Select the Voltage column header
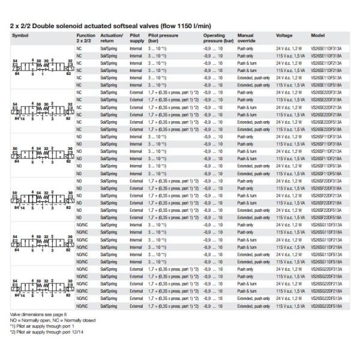(284, 36)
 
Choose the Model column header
(318, 36)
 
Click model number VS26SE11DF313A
(326, 47)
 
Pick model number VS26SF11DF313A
(326, 136)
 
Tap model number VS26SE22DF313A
(326, 92)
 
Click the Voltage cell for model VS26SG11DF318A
(290, 232)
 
